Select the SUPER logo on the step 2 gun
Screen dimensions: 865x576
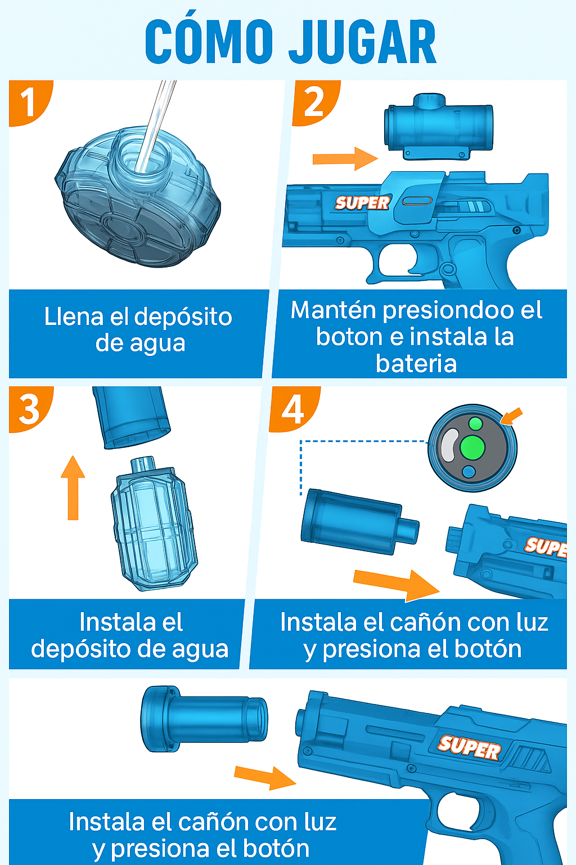click(362, 203)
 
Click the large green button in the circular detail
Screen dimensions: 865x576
click(472, 448)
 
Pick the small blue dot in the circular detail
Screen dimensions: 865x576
click(469, 472)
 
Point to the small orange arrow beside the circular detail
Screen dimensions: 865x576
click(511, 417)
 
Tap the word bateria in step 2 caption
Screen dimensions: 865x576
click(416, 364)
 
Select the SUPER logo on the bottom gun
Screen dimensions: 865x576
click(470, 747)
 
